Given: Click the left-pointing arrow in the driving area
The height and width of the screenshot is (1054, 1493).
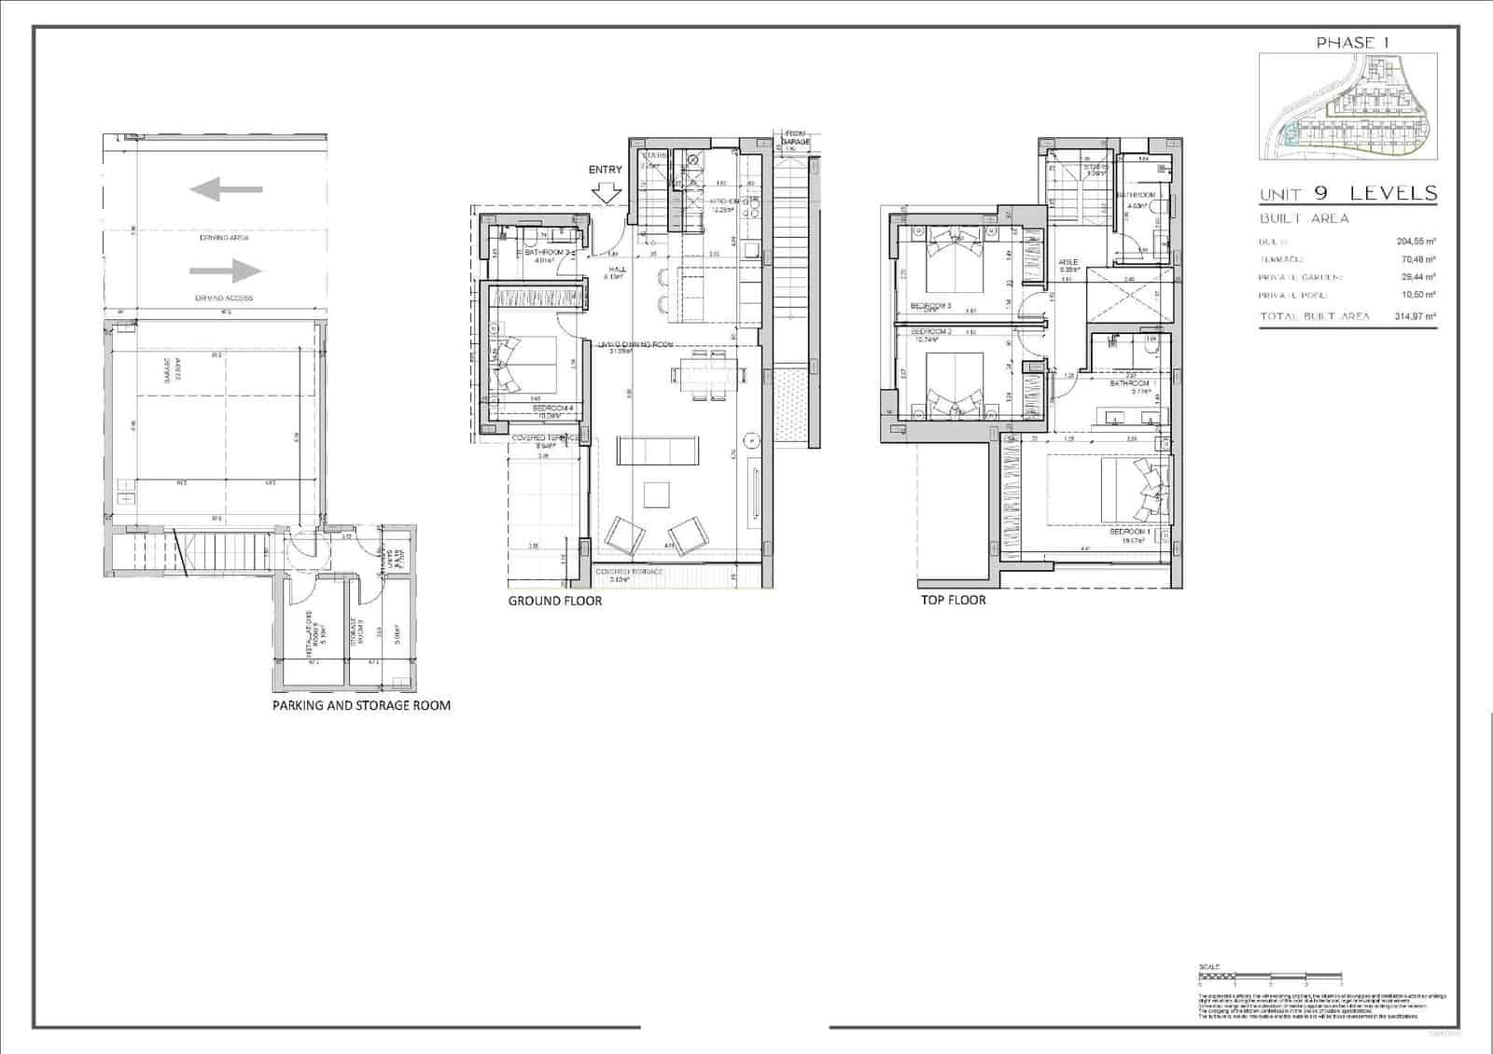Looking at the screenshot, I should click(x=225, y=190).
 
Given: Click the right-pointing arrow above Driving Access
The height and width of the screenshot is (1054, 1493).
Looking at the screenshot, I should click(x=225, y=271).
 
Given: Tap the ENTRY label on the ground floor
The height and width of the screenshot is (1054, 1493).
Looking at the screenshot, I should click(x=605, y=170).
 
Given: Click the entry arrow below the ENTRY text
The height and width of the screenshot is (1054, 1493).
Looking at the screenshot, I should click(x=607, y=193).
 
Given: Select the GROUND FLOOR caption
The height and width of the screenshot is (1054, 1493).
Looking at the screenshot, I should click(x=554, y=601).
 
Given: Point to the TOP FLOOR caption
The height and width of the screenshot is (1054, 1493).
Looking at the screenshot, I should click(x=953, y=600).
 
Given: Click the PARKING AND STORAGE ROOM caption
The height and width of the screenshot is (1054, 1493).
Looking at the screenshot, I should click(x=361, y=705).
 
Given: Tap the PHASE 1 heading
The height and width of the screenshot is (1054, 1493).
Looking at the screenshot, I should click(x=1346, y=42).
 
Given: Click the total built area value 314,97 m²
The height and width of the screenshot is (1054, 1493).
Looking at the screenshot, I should click(x=1416, y=316).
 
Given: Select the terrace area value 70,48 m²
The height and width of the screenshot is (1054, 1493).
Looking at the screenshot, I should click(x=1417, y=260).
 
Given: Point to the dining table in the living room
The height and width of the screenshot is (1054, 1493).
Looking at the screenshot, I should click(x=708, y=375).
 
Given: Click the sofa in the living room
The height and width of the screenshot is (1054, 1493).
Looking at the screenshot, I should click(x=660, y=451).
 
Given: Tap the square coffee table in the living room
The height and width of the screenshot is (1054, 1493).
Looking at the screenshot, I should click(x=658, y=494).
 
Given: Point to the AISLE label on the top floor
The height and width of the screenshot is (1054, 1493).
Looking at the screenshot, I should click(x=1067, y=263).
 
